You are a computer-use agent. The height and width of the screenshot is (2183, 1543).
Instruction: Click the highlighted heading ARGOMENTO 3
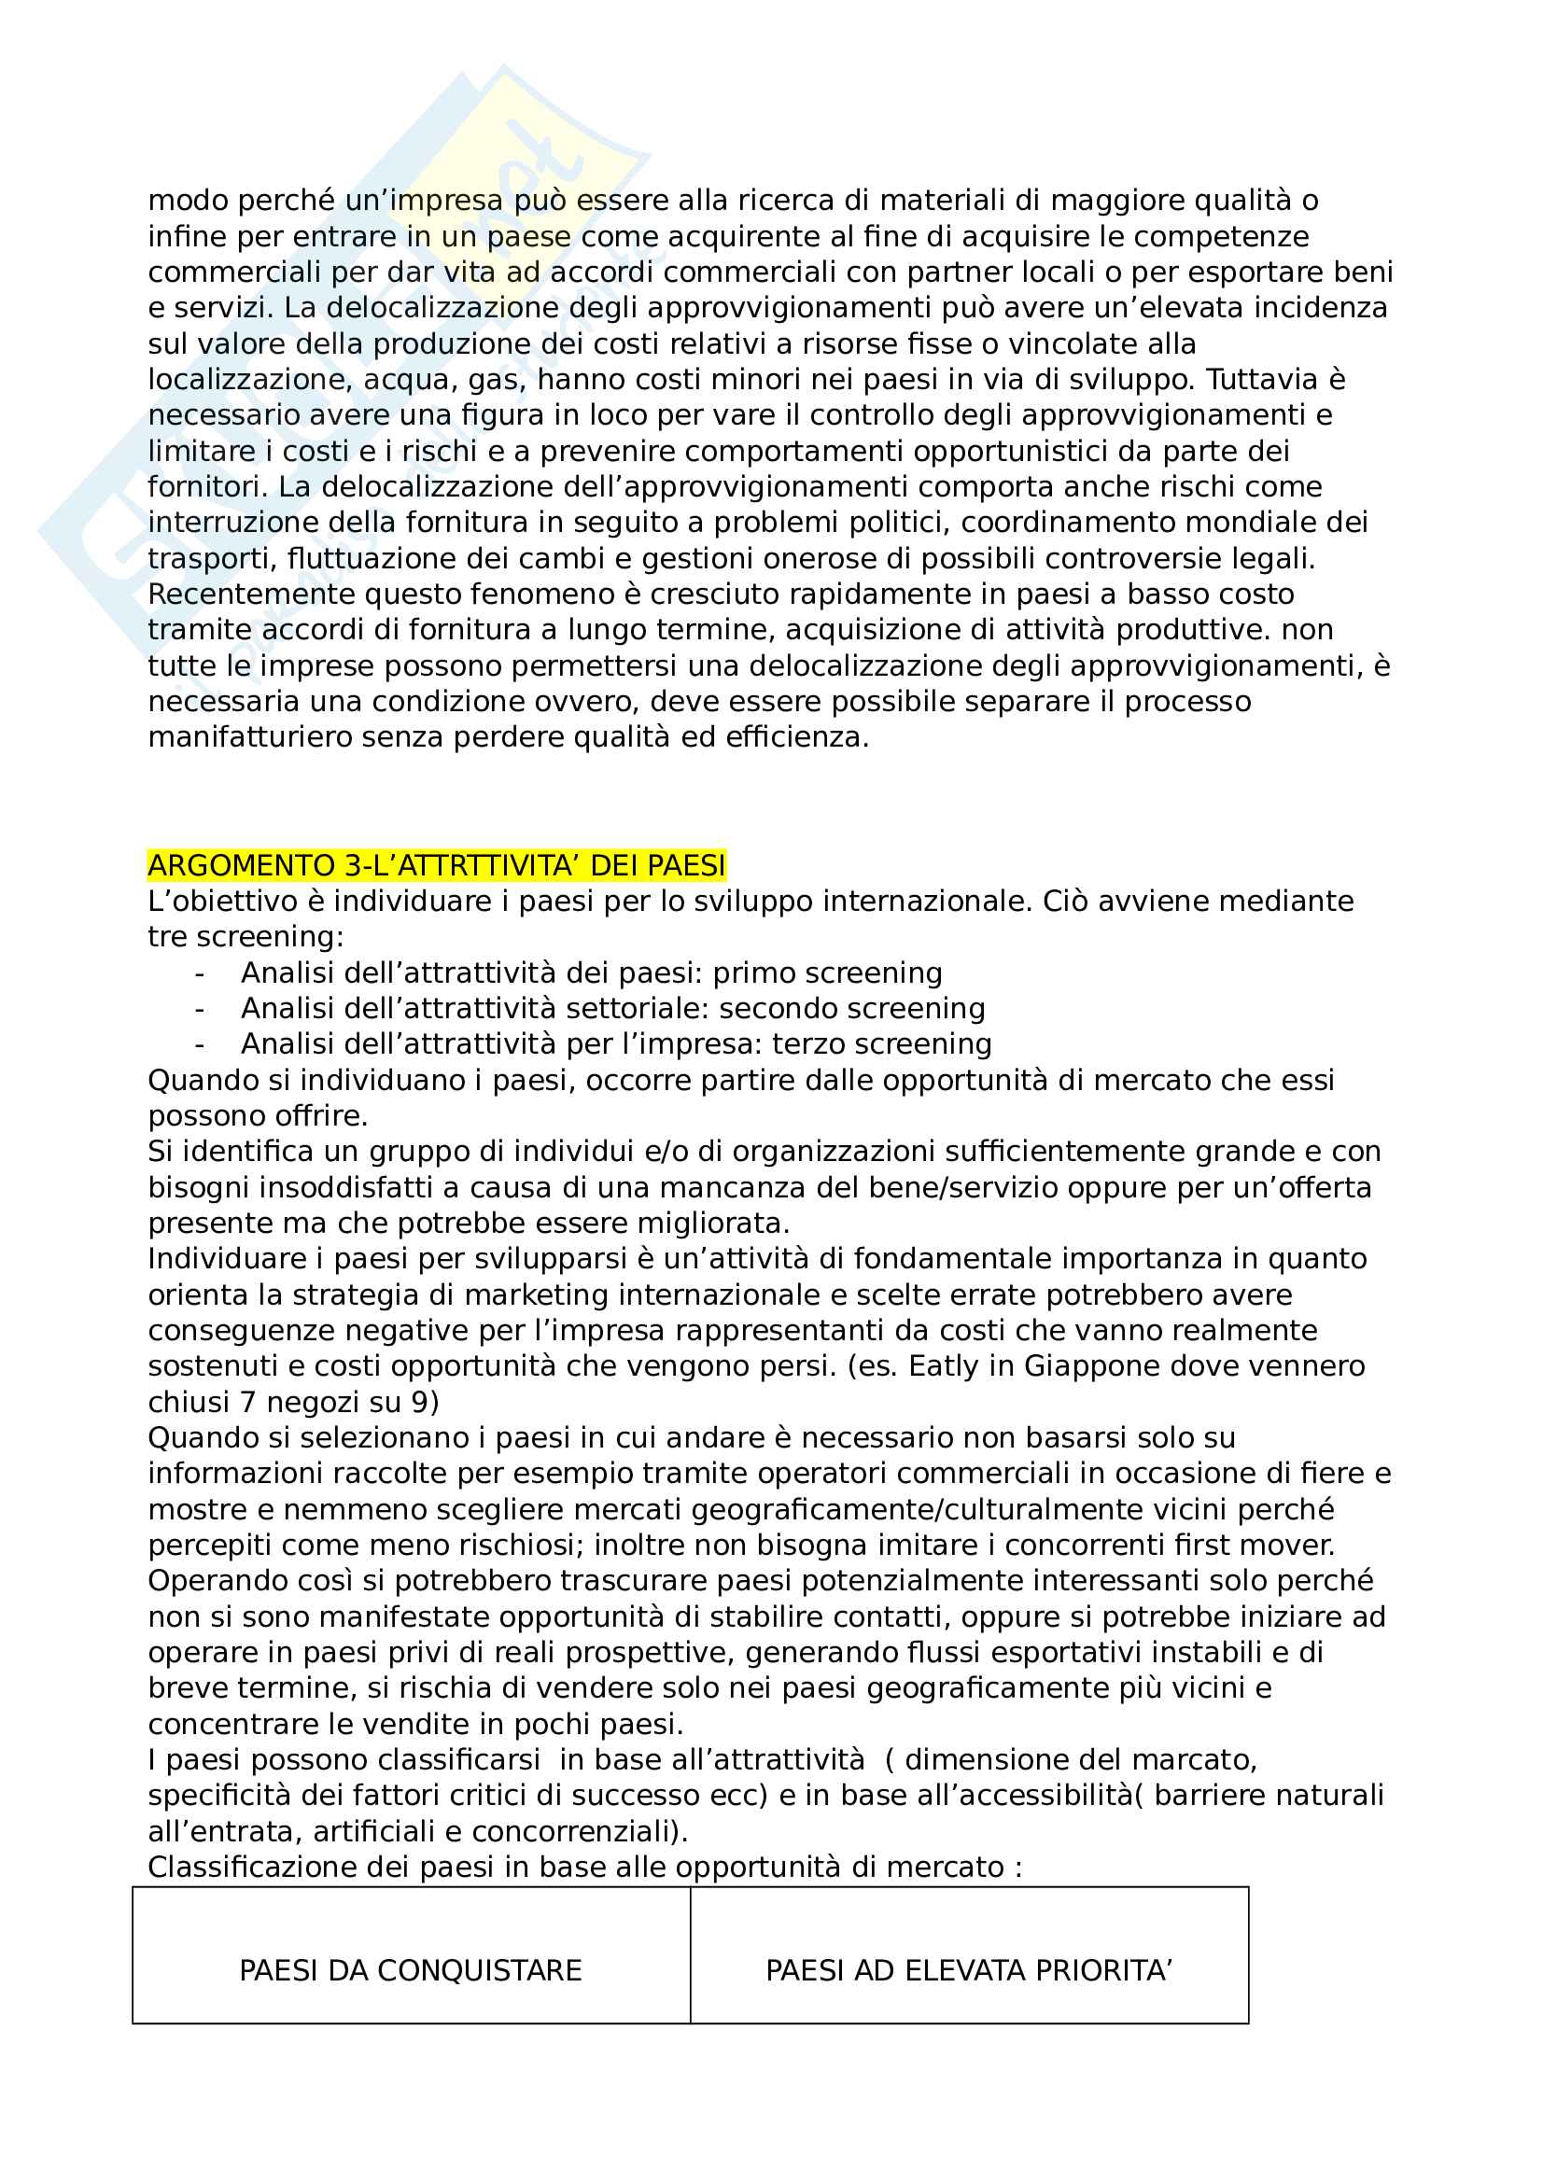[436, 865]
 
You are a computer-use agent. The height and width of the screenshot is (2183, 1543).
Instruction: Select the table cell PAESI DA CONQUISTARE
[410, 1969]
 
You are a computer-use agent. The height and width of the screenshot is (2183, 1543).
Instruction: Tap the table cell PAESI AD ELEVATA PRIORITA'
[969, 1969]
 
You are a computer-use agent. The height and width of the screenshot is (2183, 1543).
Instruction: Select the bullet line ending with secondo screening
[612, 1008]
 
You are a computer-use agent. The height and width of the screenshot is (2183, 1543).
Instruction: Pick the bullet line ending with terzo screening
[616, 1044]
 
